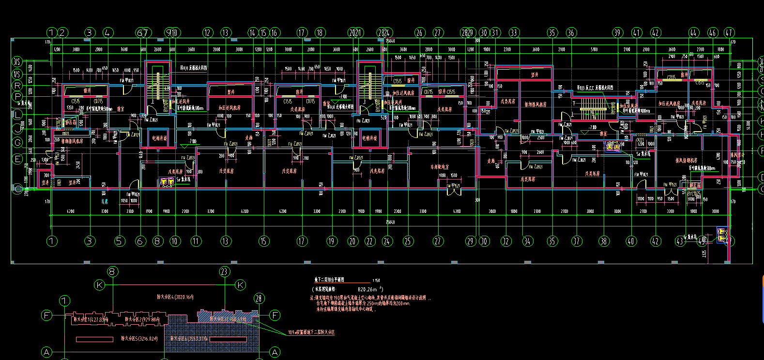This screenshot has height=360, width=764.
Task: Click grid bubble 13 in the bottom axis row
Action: click(x=226, y=241)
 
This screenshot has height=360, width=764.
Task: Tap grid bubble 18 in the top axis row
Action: click(x=320, y=33)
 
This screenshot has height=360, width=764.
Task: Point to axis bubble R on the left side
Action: click(x=18, y=86)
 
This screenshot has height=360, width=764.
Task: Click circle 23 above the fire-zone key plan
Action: click(x=224, y=271)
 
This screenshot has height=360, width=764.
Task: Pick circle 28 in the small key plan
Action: click(x=259, y=299)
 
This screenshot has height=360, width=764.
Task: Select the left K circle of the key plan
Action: click(x=100, y=285)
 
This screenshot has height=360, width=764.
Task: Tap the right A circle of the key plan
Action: click(x=275, y=352)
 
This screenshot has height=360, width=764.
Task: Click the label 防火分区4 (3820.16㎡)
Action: click(x=175, y=297)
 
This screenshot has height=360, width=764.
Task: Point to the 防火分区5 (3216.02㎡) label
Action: click(x=139, y=339)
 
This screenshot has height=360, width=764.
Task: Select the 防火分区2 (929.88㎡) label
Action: click(x=142, y=319)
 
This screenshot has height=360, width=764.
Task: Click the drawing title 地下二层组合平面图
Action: click(x=329, y=280)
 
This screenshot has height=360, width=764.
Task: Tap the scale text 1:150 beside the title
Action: click(x=376, y=281)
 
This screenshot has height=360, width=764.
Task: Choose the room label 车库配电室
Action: click(x=440, y=167)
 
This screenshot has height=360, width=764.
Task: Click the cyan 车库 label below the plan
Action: click(x=105, y=201)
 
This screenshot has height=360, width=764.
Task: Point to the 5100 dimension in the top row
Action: click(x=594, y=49)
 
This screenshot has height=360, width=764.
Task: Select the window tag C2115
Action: click(x=671, y=77)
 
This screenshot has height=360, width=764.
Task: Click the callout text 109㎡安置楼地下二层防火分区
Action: click(x=311, y=332)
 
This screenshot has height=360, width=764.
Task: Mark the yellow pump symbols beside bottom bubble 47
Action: click(x=722, y=235)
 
